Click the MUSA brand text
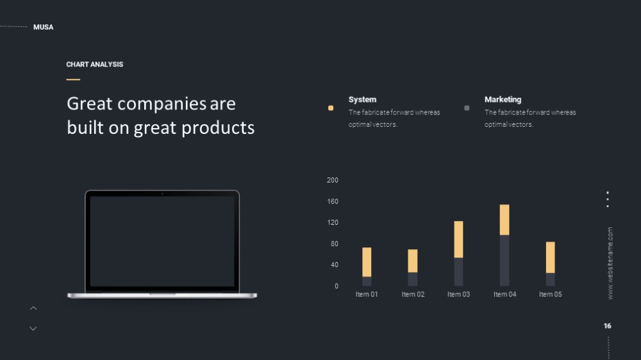tap(44, 27)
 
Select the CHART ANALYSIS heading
tap(94, 65)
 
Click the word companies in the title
tap(162, 104)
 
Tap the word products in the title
tap(218, 128)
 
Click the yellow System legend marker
tap(331, 108)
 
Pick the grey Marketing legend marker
tap(467, 108)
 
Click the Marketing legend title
tap(503, 99)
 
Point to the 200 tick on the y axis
tap(332, 180)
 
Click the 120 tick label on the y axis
tap(332, 222)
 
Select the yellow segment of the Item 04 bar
tap(504, 220)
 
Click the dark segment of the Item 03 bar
tap(459, 272)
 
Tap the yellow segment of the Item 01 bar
tap(367, 262)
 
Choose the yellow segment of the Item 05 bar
tap(551, 258)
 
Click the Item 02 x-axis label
tap(413, 294)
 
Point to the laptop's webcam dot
tap(162, 193)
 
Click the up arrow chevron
tap(33, 308)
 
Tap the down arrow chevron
tap(33, 328)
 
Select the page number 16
tap(608, 326)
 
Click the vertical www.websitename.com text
tap(610, 263)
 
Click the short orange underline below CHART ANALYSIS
tap(73, 79)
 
